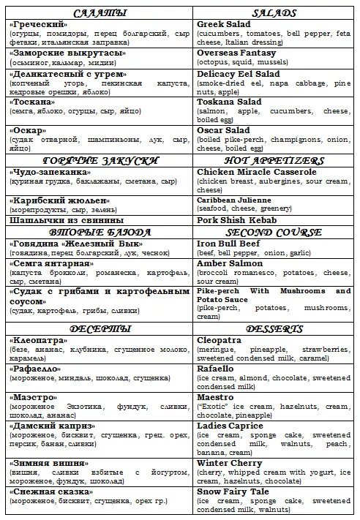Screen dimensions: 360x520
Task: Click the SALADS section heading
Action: point(273,13)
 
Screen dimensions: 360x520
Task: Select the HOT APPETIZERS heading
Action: point(273,159)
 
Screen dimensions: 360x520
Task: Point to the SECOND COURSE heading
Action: point(273,233)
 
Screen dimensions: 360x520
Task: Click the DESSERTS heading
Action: point(273,328)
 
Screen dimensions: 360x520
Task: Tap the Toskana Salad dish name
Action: point(229,102)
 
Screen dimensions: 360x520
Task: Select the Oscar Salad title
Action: point(224,130)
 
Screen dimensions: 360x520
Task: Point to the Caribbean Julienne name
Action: point(234,200)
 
